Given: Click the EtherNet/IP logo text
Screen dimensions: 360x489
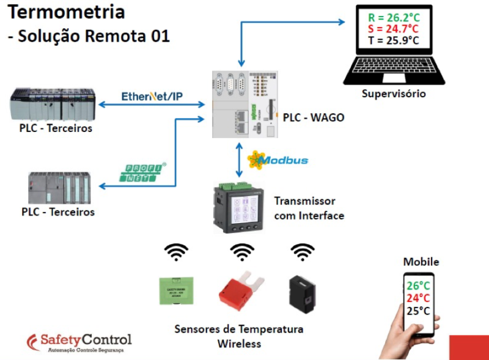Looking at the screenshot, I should click(152, 97).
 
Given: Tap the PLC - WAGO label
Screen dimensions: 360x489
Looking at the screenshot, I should click(313, 117).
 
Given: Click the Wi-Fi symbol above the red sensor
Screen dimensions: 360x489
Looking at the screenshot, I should click(242, 252).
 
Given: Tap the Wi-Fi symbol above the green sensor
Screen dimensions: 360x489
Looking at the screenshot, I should click(176, 252).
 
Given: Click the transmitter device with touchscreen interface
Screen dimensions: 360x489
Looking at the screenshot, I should click(239, 208).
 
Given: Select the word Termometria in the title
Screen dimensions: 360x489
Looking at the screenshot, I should click(67, 12).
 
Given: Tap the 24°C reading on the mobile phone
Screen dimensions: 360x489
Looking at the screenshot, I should click(419, 298).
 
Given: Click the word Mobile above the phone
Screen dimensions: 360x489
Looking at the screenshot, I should click(421, 262).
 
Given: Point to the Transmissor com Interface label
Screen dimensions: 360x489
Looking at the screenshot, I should click(309, 208).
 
